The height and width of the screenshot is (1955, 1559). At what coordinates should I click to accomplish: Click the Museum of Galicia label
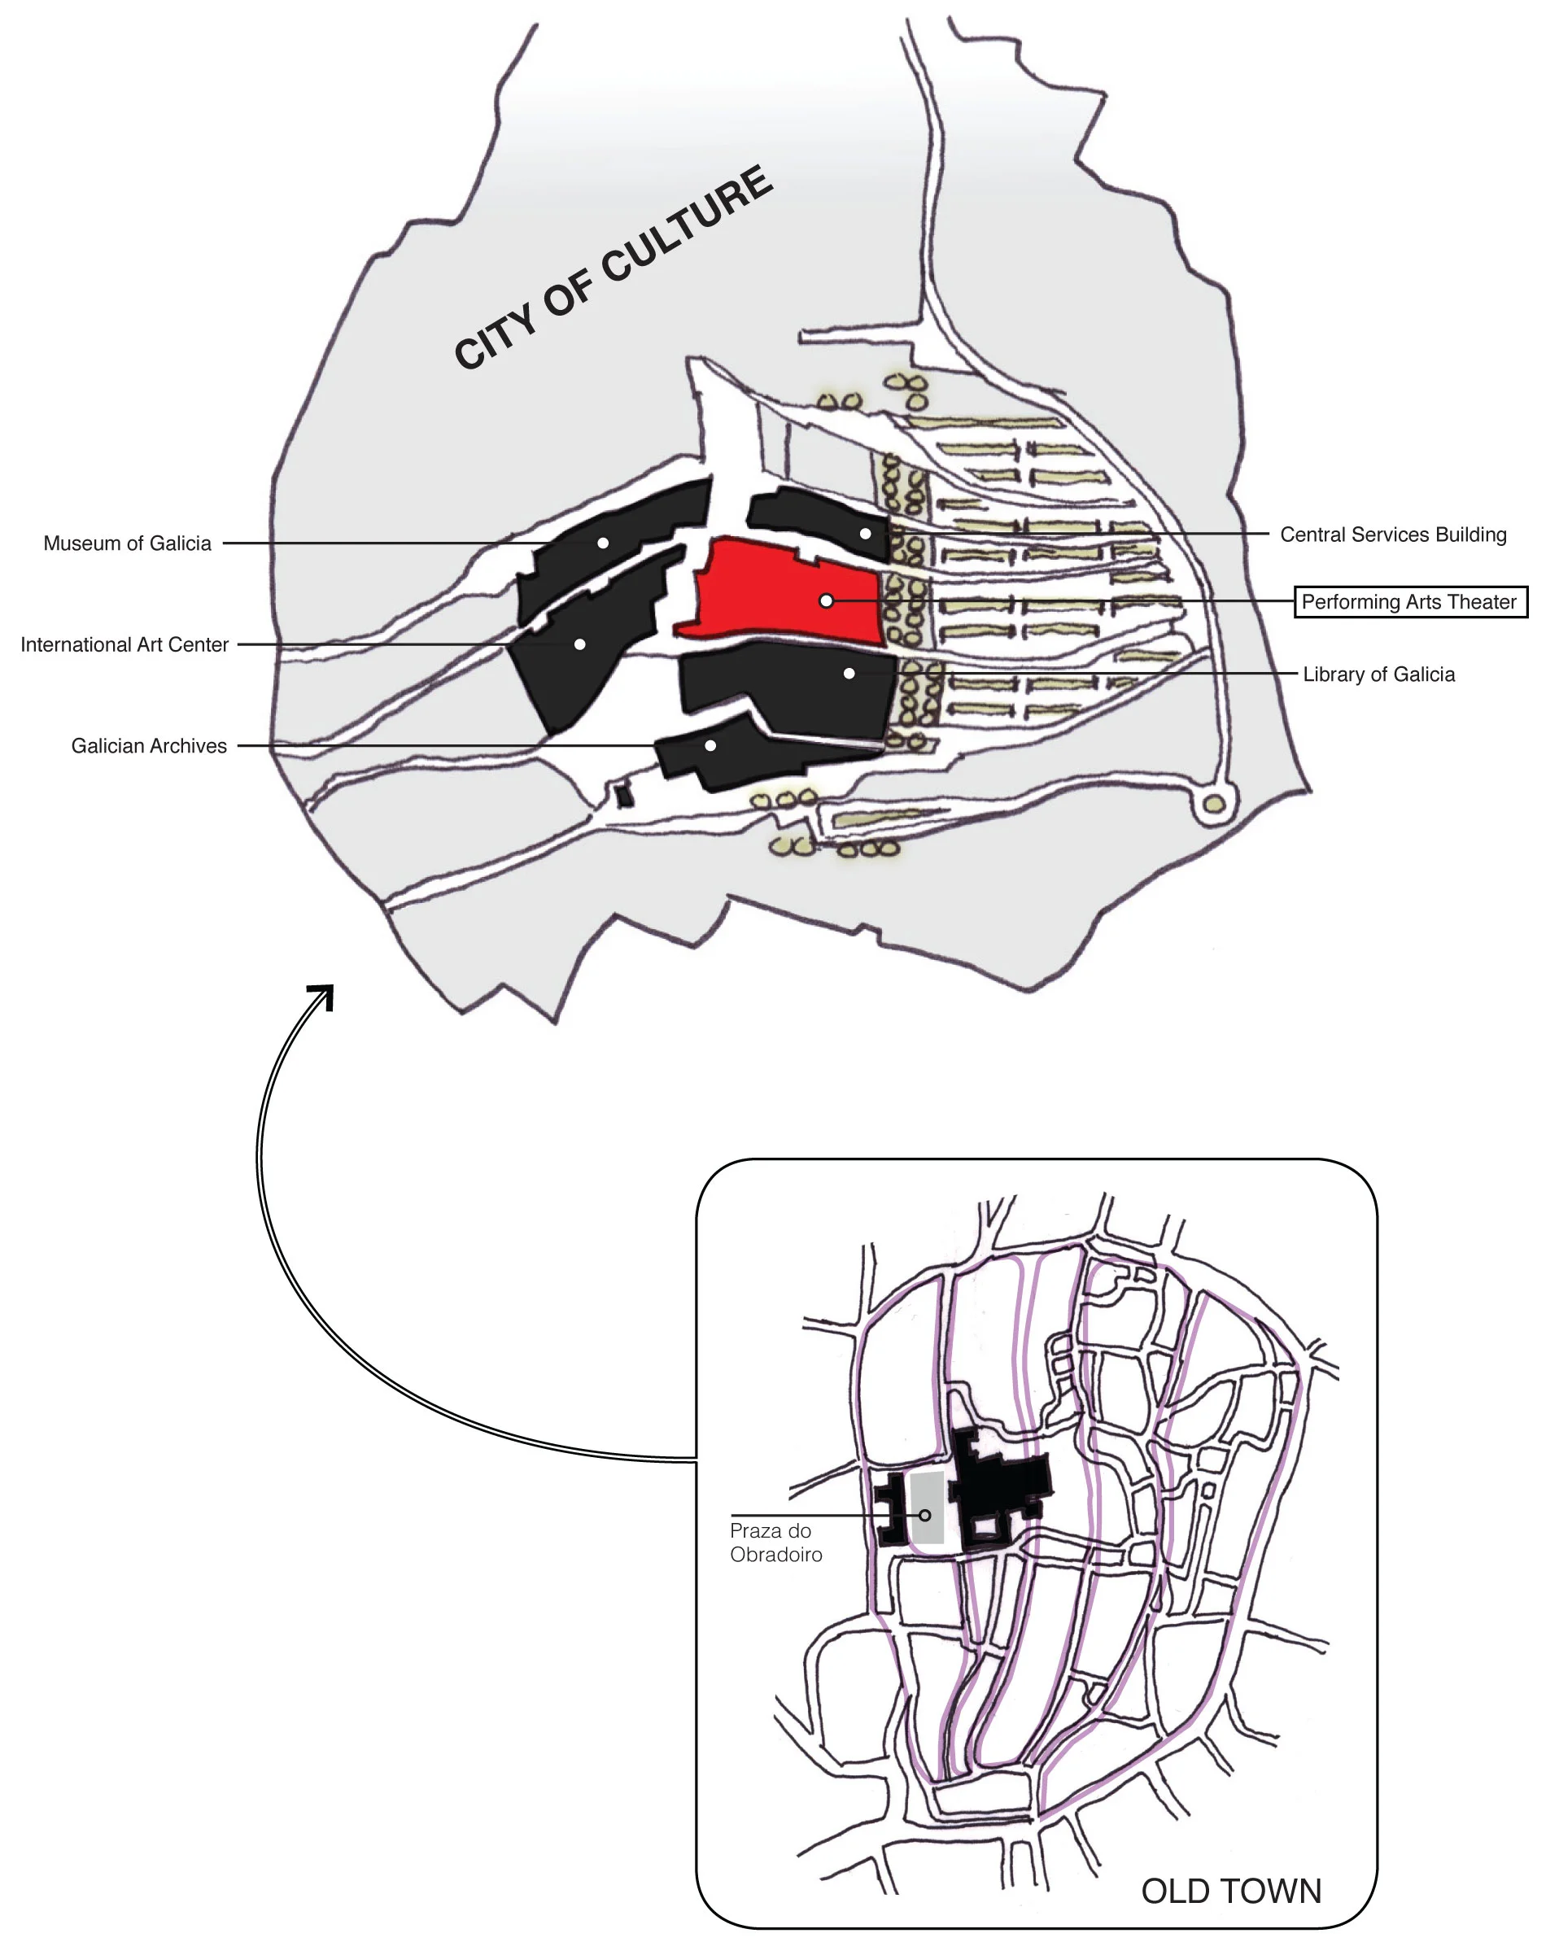coord(127,543)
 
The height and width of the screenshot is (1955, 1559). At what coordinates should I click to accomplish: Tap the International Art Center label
coord(124,644)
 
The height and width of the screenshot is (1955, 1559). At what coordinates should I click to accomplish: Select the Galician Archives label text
coord(149,745)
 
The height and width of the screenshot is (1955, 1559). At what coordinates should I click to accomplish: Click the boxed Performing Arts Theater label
coord(1409,602)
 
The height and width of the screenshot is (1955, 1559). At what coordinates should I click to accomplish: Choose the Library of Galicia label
coord(1378,674)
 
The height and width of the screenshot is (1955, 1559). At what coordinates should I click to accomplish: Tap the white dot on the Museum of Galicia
coord(602,543)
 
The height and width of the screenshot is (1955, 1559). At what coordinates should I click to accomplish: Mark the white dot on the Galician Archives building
coord(710,745)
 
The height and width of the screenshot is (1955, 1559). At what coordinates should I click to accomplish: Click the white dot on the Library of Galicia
coord(849,673)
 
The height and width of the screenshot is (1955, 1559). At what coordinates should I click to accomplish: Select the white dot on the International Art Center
coord(579,644)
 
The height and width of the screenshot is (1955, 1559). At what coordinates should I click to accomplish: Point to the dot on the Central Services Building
coord(865,533)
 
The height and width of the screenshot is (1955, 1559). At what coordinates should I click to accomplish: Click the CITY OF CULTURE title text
coord(613,267)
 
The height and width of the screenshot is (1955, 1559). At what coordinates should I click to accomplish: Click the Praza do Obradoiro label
coord(775,1543)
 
